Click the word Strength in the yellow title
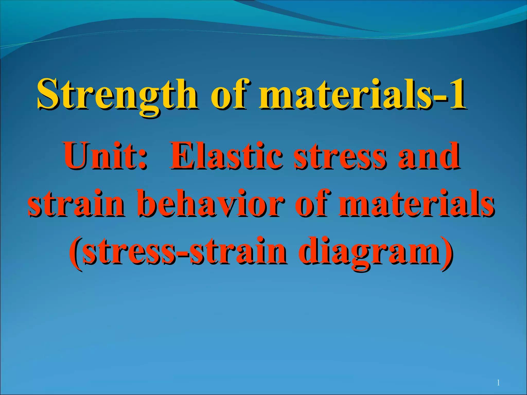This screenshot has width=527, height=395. pyautogui.click(x=117, y=95)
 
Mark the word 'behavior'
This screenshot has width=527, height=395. pyautogui.click(x=211, y=203)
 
